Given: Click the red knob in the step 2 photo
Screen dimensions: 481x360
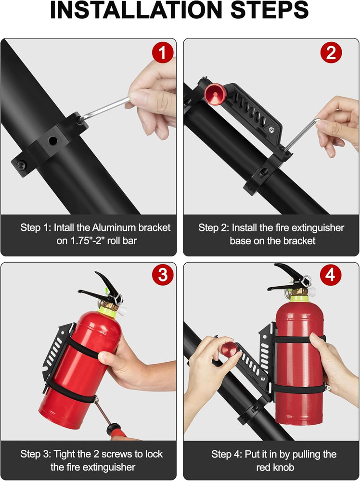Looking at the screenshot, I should click(x=214, y=93).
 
